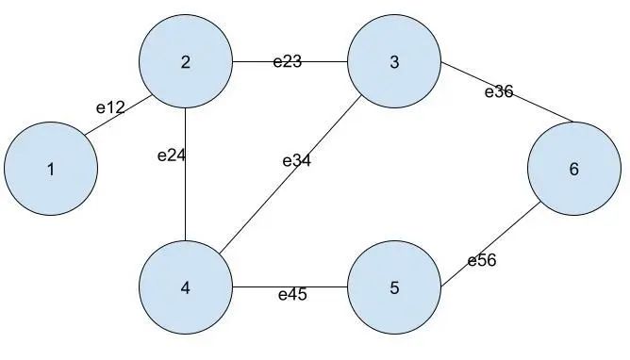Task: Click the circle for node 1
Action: pos(51,170)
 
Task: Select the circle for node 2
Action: pos(186,63)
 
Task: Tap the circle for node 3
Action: pos(394,63)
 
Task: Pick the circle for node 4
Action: pos(186,287)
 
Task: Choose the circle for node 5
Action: pos(394,287)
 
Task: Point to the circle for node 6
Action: pos(573,170)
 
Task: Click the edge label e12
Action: pos(110,107)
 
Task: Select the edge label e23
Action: pos(287,62)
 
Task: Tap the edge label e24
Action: pos(171,155)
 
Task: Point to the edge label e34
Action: pos(296,160)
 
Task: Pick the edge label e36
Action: pos(498,91)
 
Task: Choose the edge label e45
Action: pos(291,295)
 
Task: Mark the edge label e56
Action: pos(481,261)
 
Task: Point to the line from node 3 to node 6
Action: pos(528,106)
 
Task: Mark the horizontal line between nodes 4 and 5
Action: pos(255,287)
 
